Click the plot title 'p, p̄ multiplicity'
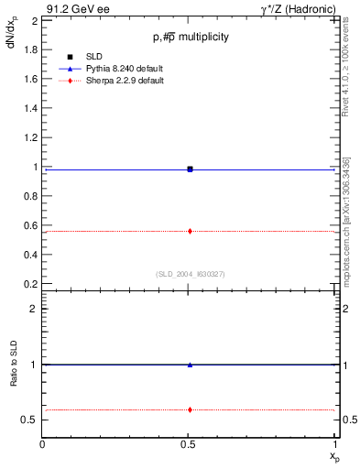click(190, 37)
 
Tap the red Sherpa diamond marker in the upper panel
click(190, 231)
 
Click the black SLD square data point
click(190, 169)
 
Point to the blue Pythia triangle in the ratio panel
click(190, 365)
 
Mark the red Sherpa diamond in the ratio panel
click(190, 409)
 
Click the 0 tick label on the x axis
click(43, 446)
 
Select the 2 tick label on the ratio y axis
click(34, 309)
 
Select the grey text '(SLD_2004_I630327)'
click(190, 275)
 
